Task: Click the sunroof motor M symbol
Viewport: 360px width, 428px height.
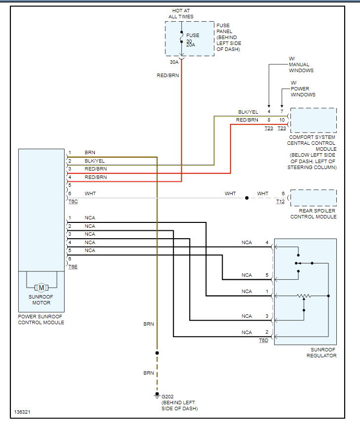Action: (x=41, y=288)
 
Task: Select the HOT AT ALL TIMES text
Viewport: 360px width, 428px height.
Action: (x=181, y=13)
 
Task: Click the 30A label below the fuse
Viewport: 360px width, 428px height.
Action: (x=174, y=62)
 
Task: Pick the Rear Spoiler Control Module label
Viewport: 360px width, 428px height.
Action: (x=313, y=214)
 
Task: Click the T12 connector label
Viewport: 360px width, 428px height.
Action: (x=280, y=202)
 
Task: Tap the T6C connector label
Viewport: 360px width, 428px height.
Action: (x=73, y=202)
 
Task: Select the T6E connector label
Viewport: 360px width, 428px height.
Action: (x=73, y=266)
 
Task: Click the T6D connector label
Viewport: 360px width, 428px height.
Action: (x=263, y=341)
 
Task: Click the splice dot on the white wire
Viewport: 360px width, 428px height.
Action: (x=247, y=198)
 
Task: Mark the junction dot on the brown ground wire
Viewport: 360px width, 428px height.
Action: (x=157, y=353)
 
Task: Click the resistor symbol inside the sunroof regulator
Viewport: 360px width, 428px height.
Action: (x=304, y=296)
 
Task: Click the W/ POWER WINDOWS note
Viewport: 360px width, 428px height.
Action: (x=303, y=88)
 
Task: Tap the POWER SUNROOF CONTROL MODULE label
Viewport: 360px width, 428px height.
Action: (x=41, y=319)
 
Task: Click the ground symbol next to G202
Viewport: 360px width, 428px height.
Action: (x=157, y=396)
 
